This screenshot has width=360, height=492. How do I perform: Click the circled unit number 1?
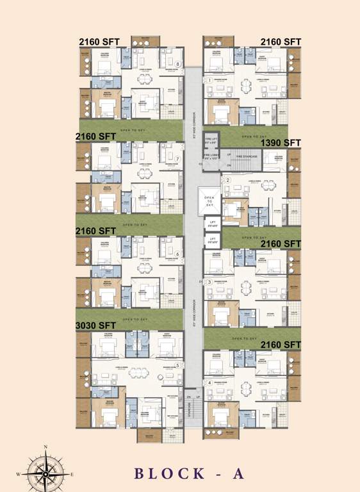[x=209, y=80]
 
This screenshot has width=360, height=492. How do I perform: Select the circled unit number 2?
[x=227, y=181]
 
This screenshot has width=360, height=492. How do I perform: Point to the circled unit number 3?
[x=209, y=281]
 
